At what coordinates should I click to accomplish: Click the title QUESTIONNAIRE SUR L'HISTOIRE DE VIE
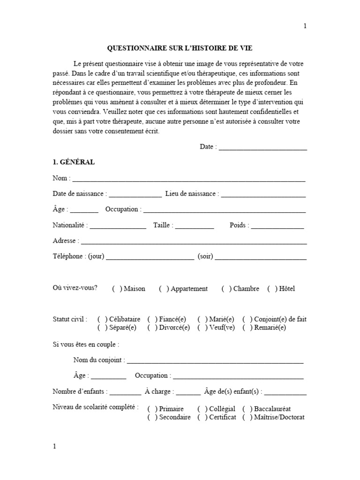pyautogui.click(x=180, y=48)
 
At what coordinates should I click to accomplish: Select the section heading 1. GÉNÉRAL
pyautogui.click(x=74, y=162)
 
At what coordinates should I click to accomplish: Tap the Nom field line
pyautogui.click(x=188, y=179)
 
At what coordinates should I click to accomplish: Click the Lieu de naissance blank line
pyautogui.click(x=263, y=195)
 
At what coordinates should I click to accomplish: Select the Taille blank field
pyautogui.click(x=195, y=226)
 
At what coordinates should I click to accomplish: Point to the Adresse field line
pyautogui.click(x=194, y=242)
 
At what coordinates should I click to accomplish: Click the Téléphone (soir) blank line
pyautogui.click(x=261, y=257)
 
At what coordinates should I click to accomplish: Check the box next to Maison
pyautogui.click(x=117, y=289)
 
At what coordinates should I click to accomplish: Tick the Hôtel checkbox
pyautogui.click(x=272, y=289)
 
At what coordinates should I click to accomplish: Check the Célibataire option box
pyautogui.click(x=102, y=320)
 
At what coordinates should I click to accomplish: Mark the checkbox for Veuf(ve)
pyautogui.click(x=202, y=328)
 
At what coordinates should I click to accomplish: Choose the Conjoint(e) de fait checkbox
pyautogui.click(x=247, y=320)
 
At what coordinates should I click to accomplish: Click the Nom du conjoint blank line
pyautogui.click(x=215, y=361)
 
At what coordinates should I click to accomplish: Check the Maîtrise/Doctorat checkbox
pyautogui.click(x=247, y=418)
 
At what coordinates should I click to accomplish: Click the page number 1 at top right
pyautogui.click(x=305, y=26)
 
